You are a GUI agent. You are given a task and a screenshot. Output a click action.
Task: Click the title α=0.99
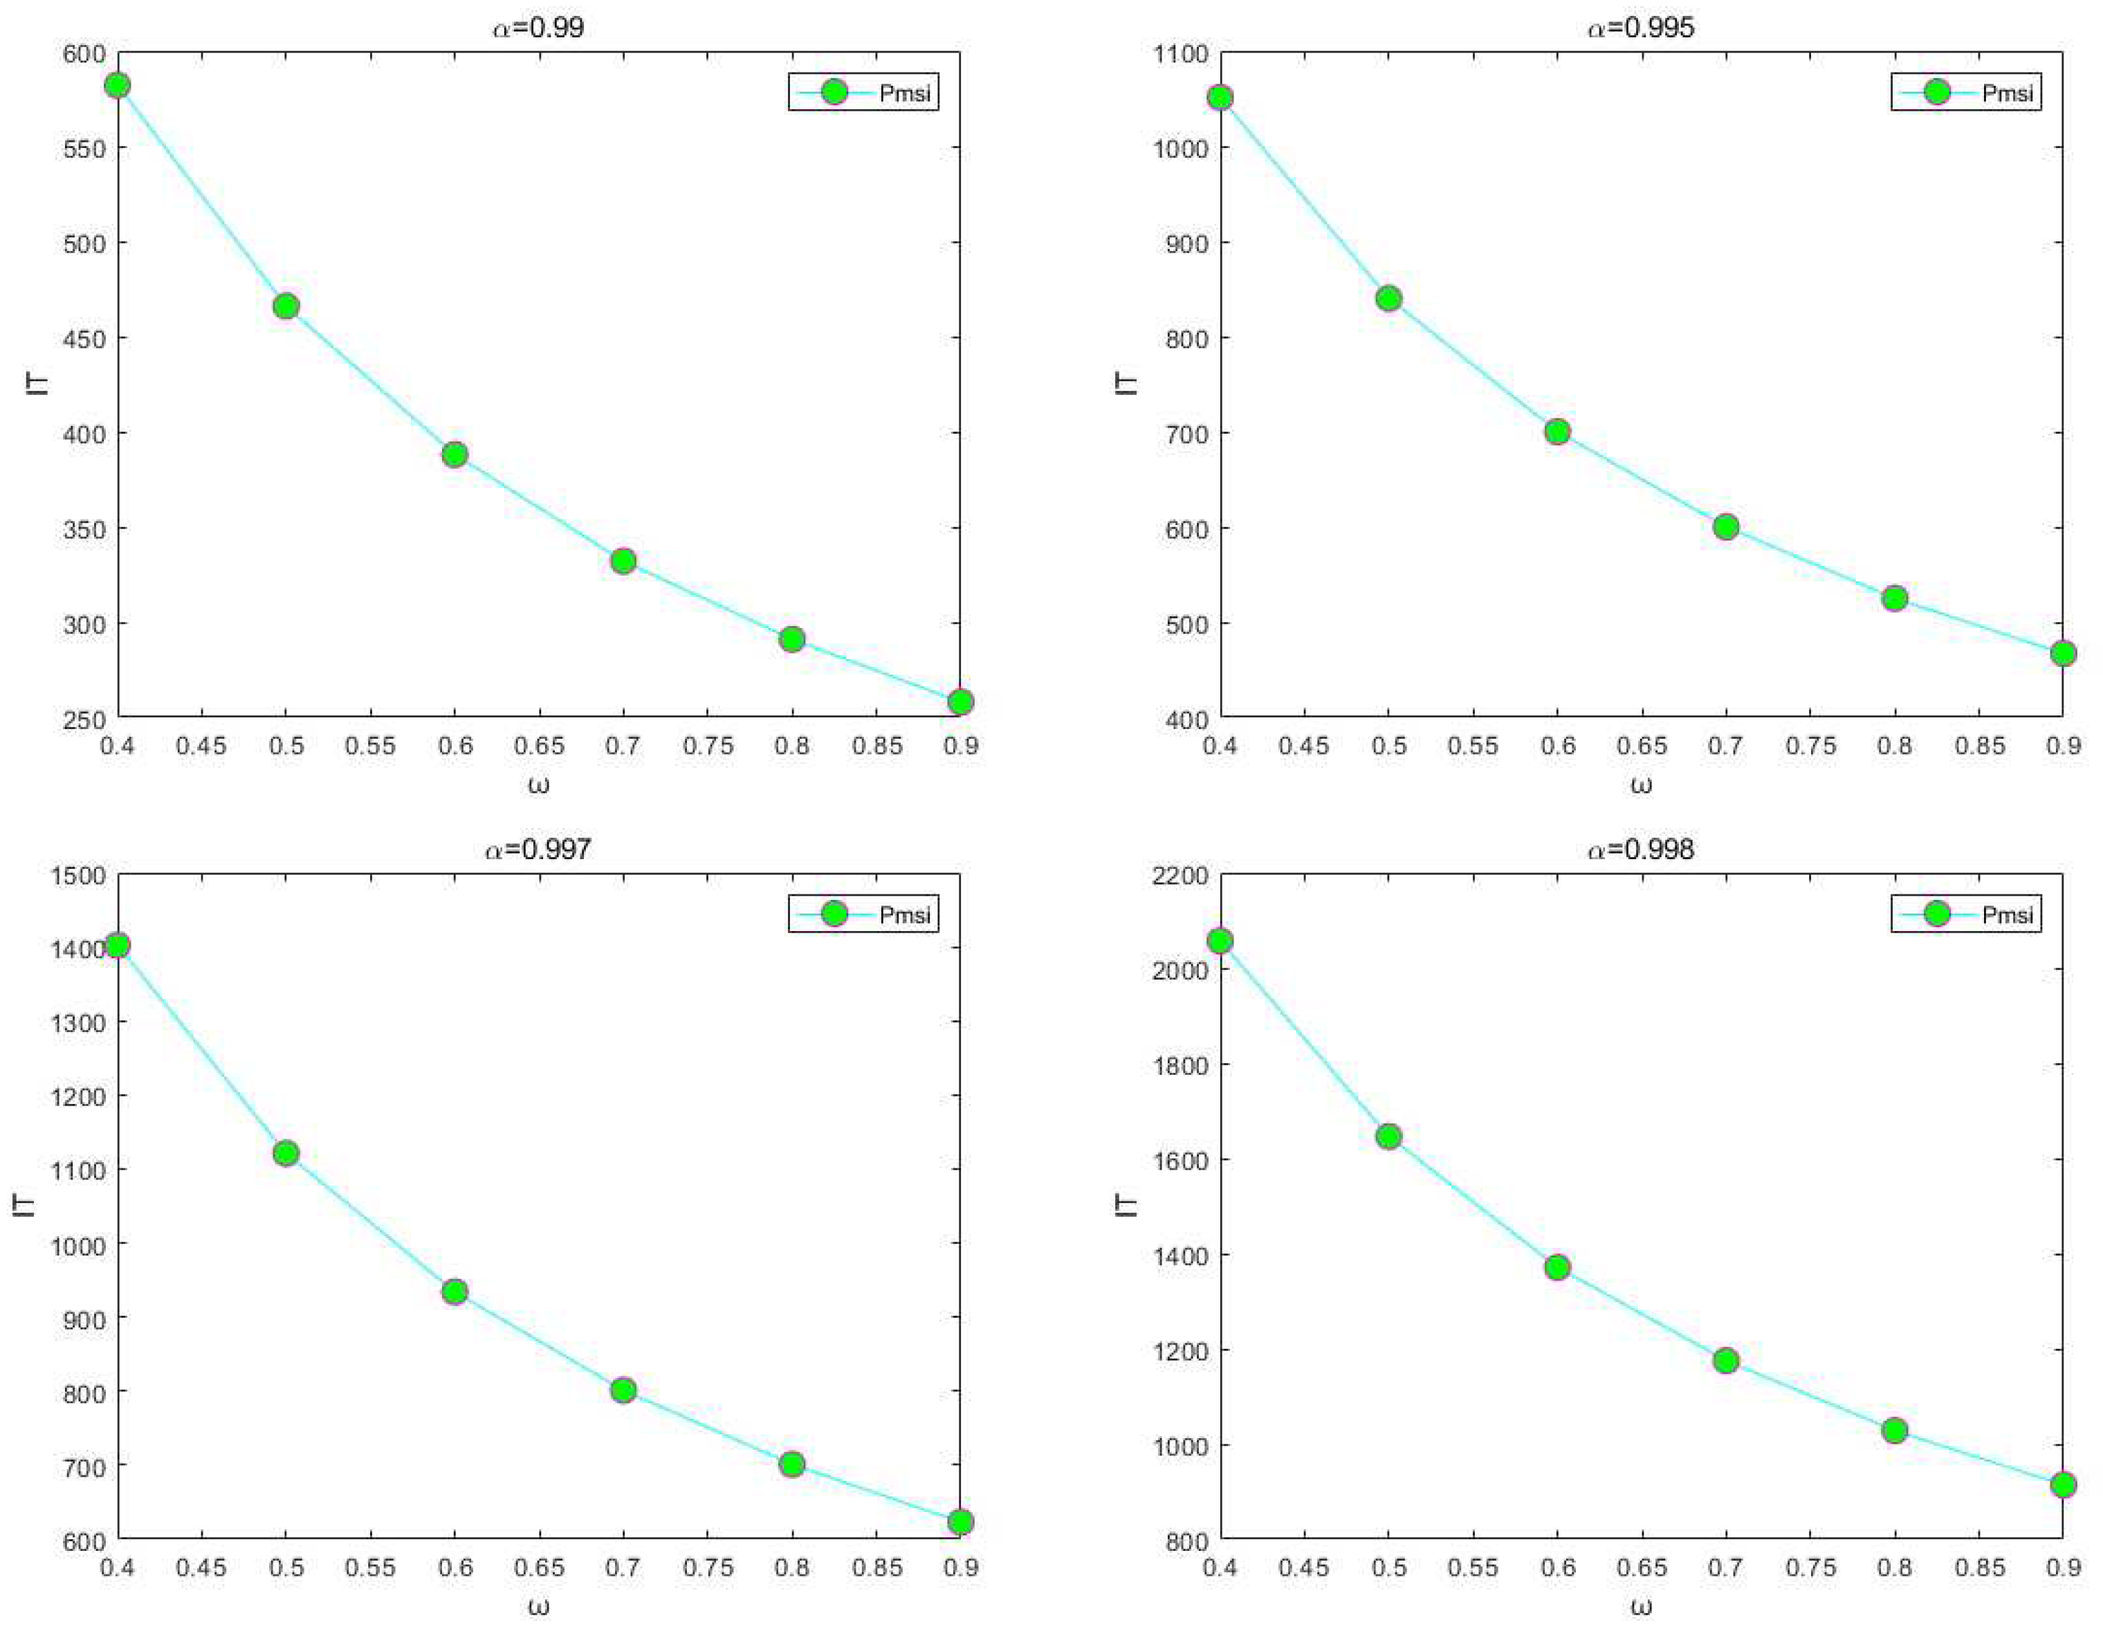pyautogui.click(x=538, y=27)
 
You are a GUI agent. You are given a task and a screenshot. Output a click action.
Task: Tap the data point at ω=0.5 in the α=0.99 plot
pyautogui.click(x=286, y=306)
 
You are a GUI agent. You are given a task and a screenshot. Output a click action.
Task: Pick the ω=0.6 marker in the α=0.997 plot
pyautogui.click(x=454, y=1292)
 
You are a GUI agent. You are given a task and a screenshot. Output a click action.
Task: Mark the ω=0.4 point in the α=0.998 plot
pyautogui.click(x=1220, y=941)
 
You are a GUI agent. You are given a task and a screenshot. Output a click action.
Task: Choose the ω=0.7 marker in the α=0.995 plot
pyautogui.click(x=1725, y=526)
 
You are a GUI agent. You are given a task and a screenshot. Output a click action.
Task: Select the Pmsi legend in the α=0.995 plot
pyautogui.click(x=1966, y=93)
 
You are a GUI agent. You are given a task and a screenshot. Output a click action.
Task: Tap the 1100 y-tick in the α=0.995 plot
pyautogui.click(x=1181, y=54)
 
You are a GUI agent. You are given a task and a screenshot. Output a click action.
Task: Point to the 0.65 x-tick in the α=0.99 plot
pyautogui.click(x=538, y=746)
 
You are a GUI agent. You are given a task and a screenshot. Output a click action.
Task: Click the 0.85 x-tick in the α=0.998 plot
pyautogui.click(x=1978, y=1568)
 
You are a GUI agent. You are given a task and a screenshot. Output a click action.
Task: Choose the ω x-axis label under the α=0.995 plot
pyautogui.click(x=1641, y=784)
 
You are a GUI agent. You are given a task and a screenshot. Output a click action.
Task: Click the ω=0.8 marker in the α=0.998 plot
pyautogui.click(x=1894, y=1430)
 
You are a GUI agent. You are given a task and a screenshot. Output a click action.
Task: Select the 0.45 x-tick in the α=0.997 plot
pyautogui.click(x=201, y=1568)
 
